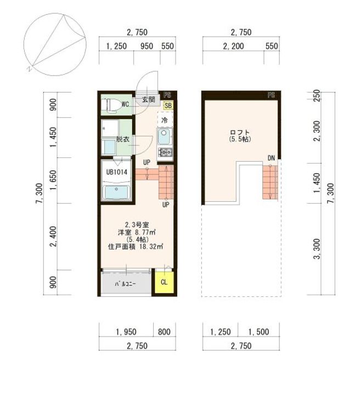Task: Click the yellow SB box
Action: point(168,105)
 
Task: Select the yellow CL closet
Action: point(164,282)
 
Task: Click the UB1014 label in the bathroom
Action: point(117,172)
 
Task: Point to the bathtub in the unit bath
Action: point(116,192)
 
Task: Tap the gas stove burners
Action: point(165,153)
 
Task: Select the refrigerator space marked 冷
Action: point(165,120)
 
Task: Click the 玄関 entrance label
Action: point(148,99)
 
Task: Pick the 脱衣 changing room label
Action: point(123,139)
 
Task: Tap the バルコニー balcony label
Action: point(126,284)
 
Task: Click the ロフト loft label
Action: point(240,132)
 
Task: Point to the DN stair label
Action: point(271,158)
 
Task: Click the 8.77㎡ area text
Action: point(145,232)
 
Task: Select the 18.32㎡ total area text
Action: point(151,246)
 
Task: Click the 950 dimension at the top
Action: point(147,46)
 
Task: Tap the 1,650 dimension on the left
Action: point(53,180)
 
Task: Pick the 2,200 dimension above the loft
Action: point(233,46)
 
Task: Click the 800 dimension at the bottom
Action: point(164,332)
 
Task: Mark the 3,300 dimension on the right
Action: point(317,249)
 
